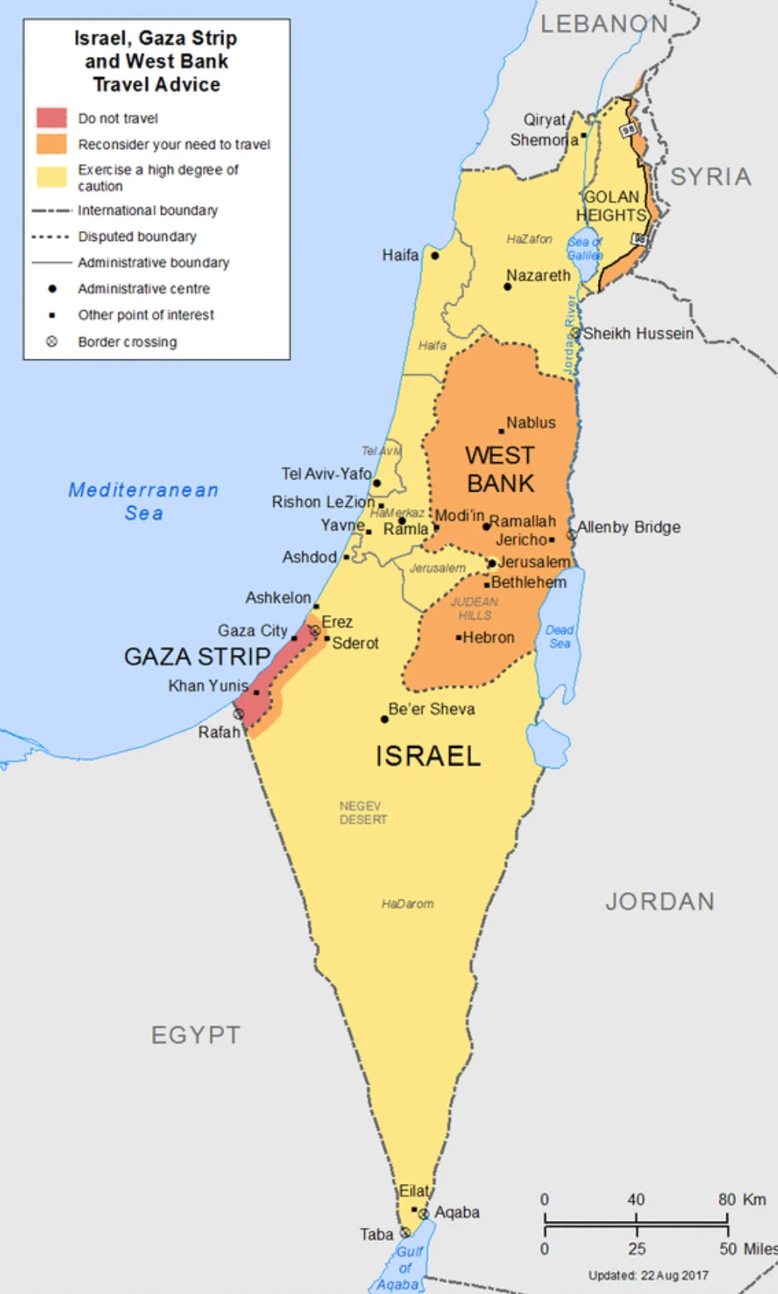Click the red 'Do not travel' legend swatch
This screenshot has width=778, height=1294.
click(52, 118)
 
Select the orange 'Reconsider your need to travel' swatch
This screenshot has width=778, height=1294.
click(52, 144)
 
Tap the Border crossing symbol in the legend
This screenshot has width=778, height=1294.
click(52, 341)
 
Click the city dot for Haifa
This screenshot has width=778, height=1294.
click(435, 256)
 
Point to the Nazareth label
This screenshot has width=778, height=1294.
click(538, 275)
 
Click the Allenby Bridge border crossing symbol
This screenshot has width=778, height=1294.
click(572, 535)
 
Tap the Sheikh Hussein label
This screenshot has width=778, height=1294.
click(638, 334)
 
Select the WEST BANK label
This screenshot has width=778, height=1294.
click(500, 469)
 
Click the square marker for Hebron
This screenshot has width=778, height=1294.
click(458, 638)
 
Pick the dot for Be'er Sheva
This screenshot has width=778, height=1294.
click(384, 719)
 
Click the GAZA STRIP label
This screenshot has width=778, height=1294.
click(197, 656)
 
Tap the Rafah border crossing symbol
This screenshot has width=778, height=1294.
click(239, 714)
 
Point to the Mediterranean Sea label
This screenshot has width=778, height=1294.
click(144, 501)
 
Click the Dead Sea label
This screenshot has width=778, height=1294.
click(559, 637)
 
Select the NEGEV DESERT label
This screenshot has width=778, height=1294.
click(362, 812)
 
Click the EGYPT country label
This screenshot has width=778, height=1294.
click(195, 1035)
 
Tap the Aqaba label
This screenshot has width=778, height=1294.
click(457, 1212)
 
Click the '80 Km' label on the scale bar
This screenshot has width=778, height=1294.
click(742, 1199)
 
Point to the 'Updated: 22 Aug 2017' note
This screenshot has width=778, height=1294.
click(648, 1275)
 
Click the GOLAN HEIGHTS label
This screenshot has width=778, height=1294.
click(611, 206)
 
